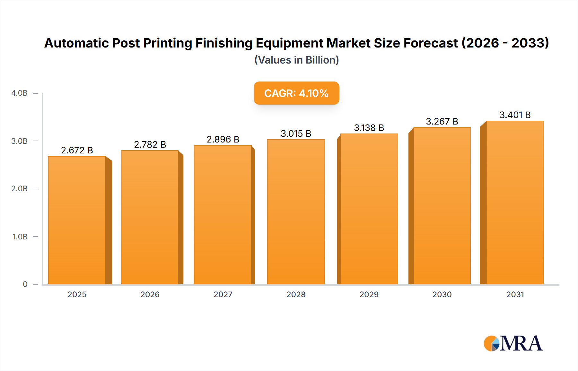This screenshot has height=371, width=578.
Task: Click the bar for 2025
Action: point(77,220)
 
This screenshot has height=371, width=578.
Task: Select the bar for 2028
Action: point(296,212)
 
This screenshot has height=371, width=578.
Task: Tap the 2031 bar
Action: point(515,203)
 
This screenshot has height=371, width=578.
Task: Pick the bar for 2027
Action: point(223,215)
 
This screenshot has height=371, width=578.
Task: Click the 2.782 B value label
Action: point(150,144)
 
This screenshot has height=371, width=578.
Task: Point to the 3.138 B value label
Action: point(369,128)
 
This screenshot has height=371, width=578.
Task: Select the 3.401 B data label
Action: point(515,115)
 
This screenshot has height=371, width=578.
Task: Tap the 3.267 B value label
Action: point(442,121)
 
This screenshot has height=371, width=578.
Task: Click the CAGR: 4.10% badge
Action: point(296,93)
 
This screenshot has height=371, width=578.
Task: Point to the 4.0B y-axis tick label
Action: point(19,93)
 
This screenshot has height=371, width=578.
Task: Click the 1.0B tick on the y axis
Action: point(20,237)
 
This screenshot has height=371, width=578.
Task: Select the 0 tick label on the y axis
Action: point(25,284)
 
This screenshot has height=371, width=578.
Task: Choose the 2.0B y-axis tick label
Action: point(19,189)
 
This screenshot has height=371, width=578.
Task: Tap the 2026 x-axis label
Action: point(150,294)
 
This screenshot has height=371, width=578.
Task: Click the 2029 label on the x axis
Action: point(369,294)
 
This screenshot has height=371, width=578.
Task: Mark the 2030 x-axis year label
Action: point(442,294)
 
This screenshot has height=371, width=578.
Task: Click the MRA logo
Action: point(513,343)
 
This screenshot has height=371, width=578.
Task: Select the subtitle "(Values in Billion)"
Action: point(296,60)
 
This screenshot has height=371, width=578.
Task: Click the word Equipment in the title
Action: point(289,43)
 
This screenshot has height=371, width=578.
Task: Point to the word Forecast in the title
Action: point(431,43)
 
